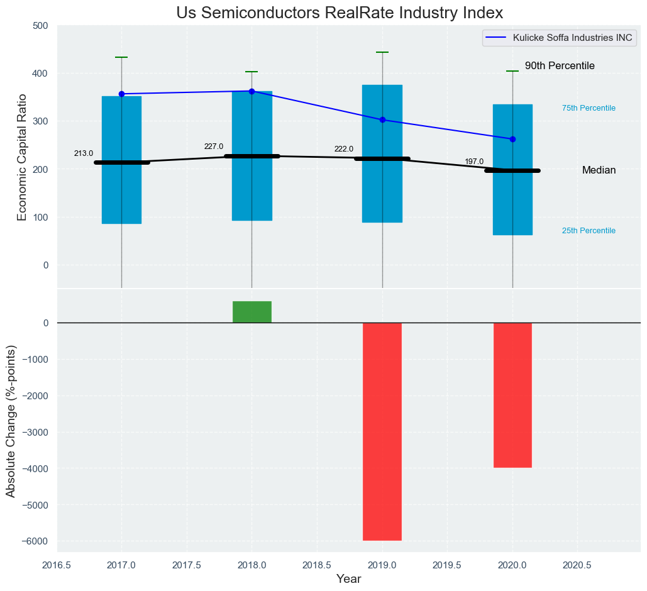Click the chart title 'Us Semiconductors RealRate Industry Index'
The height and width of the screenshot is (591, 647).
coord(340,13)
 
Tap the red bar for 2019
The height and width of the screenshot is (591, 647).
coord(382,431)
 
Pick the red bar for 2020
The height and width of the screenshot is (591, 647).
coord(512,395)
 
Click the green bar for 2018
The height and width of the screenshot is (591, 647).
coord(252,312)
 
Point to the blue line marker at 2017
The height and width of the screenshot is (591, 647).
coord(121,94)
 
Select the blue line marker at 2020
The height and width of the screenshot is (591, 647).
coord(512,139)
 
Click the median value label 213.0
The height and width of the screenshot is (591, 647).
coord(84,153)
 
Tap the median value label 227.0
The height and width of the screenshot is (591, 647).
coord(214,146)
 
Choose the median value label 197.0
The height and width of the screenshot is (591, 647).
coord(474,162)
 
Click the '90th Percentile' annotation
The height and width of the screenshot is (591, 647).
coord(560,66)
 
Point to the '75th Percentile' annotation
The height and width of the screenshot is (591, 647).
coord(589,108)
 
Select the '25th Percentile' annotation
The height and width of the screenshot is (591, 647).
coord(589,231)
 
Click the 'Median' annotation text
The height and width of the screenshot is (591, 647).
coord(599,170)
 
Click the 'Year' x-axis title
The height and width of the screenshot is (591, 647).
coord(348,579)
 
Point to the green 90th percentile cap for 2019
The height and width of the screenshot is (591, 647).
coord(382,52)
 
